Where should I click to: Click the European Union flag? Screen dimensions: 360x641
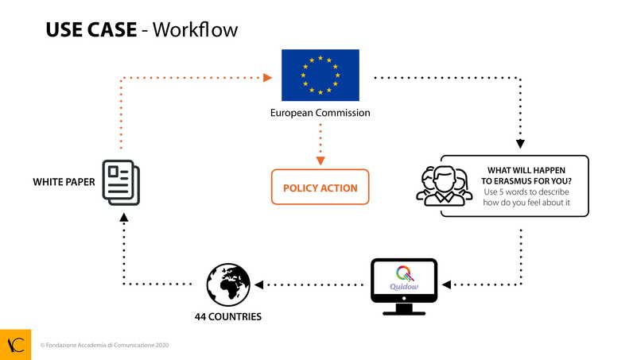coord(320,75)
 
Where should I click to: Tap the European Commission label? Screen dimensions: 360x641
coord(320,113)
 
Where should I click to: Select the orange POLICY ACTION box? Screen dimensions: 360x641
coord(320,188)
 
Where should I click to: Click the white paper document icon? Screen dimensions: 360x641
coord(121,182)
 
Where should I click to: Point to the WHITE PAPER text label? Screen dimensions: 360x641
coord(64,182)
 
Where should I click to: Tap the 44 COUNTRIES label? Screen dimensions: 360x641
coord(228,316)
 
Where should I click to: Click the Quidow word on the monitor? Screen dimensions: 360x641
coord(404,288)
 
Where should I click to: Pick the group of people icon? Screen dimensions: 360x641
coord(444,186)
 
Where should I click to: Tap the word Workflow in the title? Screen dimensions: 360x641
coord(195,30)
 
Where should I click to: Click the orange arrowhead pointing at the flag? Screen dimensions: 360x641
coord(267,78)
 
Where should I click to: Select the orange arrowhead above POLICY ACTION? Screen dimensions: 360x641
coord(320,161)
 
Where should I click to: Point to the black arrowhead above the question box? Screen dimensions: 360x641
coord(521,145)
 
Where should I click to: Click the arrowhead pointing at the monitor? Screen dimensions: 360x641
coord(447,284)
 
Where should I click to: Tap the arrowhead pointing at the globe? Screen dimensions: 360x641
coord(258,284)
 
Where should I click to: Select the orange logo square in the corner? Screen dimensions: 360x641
coord(15,344)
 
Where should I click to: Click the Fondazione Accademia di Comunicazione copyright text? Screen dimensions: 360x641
coord(104,346)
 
